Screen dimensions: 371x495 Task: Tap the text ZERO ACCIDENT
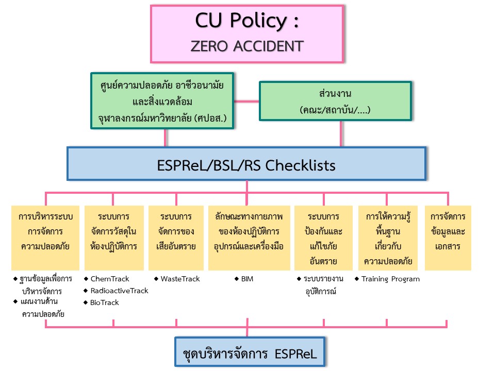(x=246, y=46)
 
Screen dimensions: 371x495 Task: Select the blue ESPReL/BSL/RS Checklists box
(x=246, y=165)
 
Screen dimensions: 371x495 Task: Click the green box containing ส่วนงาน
(x=335, y=102)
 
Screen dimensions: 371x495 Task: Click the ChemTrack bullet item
(x=110, y=279)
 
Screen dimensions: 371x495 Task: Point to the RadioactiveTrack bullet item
(x=119, y=291)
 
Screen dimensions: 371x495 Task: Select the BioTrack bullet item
(x=105, y=302)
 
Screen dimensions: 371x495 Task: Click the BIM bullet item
(x=247, y=279)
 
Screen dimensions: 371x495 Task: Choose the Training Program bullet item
(x=390, y=279)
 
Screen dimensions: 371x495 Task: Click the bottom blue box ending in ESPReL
(x=249, y=354)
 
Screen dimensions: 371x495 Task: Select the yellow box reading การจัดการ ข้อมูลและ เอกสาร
(x=448, y=238)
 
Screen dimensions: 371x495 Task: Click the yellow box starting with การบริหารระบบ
(x=45, y=238)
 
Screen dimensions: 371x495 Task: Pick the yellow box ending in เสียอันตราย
(x=176, y=238)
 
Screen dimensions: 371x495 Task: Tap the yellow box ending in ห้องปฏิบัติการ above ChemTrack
(x=113, y=238)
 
